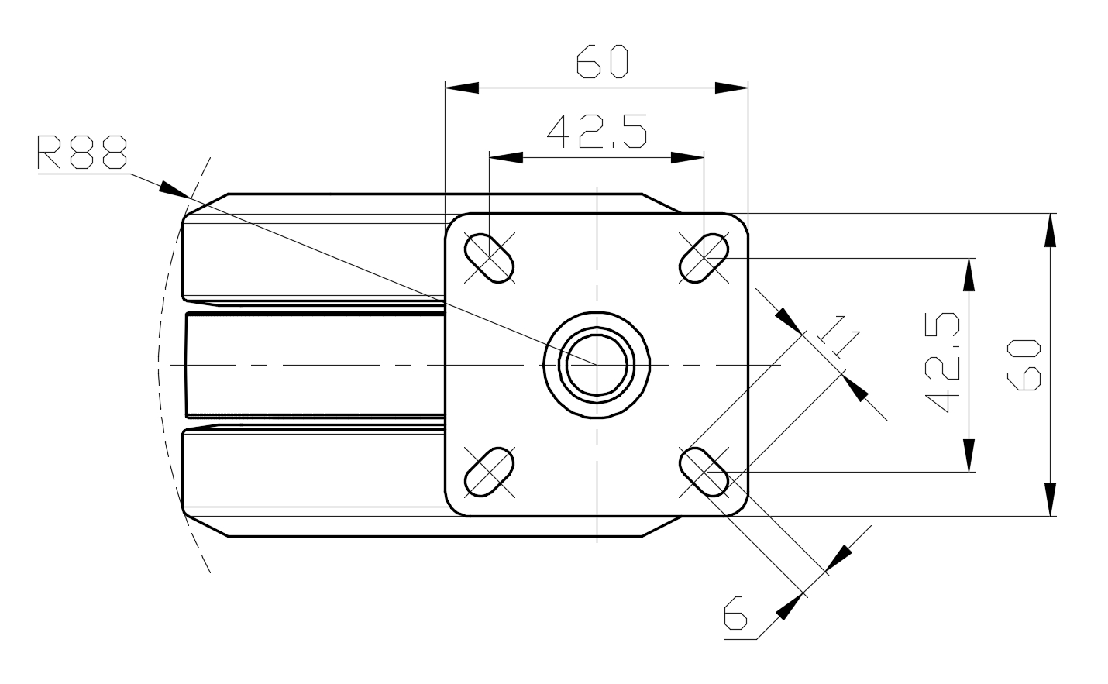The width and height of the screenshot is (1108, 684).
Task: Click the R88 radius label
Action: click(x=82, y=151)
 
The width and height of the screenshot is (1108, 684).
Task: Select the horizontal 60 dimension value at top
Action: click(x=602, y=61)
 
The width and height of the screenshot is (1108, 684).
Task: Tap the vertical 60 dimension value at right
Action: click(x=1024, y=365)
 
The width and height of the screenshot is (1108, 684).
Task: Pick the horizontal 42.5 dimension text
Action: click(x=597, y=132)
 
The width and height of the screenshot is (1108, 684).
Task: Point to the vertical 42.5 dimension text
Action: click(x=942, y=363)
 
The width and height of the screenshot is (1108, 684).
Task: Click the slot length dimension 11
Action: click(x=838, y=336)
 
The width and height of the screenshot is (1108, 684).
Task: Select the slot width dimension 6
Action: click(x=735, y=613)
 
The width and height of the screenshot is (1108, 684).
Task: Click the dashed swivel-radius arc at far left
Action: click(x=158, y=365)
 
